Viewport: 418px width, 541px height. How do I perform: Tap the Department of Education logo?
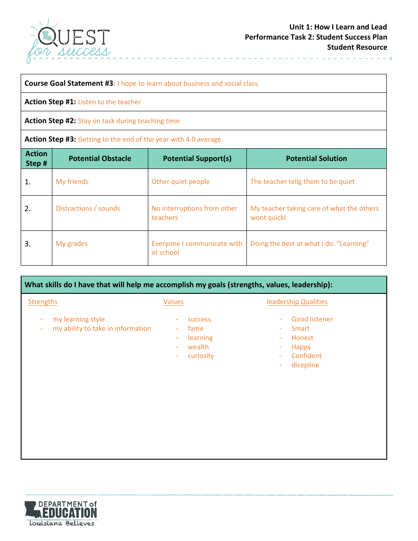(61, 513)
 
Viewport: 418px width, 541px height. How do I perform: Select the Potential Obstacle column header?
(100, 158)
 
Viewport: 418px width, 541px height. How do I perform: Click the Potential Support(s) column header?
(197, 158)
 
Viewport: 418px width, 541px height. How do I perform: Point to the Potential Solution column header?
(316, 158)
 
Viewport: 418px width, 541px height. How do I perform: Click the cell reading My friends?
(72, 182)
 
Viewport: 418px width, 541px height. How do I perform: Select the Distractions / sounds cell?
(88, 208)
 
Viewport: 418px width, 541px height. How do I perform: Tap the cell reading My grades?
(72, 244)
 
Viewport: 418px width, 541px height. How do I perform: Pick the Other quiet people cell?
(180, 182)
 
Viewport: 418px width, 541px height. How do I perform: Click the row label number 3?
(28, 244)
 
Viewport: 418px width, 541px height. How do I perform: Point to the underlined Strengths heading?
(43, 302)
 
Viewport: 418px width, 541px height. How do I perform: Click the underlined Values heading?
(173, 302)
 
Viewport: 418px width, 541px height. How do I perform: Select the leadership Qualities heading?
(297, 302)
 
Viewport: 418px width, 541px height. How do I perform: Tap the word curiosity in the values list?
(201, 356)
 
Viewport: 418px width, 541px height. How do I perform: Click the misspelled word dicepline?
(305, 365)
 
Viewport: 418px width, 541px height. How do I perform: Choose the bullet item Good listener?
(312, 319)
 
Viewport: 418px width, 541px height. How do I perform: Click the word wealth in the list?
(198, 347)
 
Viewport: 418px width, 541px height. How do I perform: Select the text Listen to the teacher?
(110, 102)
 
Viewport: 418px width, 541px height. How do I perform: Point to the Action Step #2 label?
(50, 121)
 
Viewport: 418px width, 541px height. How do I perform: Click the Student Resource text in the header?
(357, 47)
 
